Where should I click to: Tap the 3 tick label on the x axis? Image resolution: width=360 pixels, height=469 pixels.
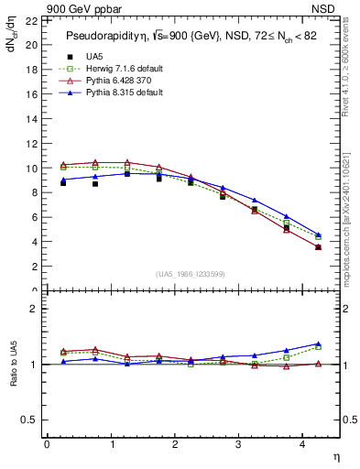[x=239, y=445]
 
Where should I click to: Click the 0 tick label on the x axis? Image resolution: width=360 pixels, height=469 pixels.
[x=47, y=445]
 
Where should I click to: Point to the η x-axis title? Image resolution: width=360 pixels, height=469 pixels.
[x=335, y=456]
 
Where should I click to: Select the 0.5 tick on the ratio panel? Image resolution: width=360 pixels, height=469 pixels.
[x=29, y=420]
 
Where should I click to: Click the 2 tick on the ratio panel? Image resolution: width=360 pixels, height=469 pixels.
[x=34, y=310]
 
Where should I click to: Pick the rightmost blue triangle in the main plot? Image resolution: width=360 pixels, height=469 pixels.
[x=319, y=234]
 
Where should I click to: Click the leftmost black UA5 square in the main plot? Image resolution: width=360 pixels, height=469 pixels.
[x=63, y=183]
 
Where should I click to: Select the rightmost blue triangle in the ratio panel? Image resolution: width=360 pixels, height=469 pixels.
[x=319, y=344]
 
